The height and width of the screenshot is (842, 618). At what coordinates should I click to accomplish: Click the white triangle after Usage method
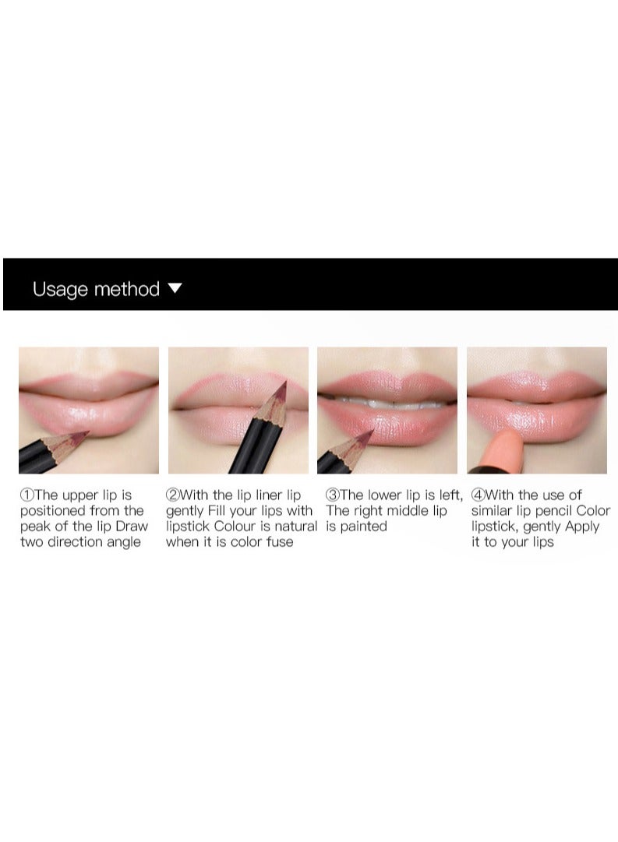click(175, 288)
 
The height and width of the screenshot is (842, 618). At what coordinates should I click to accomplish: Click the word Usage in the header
click(61, 290)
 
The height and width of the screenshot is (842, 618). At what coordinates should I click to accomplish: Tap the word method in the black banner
click(126, 289)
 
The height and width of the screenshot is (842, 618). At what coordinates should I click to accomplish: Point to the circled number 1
click(27, 495)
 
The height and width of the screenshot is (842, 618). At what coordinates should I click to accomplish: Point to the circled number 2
click(172, 495)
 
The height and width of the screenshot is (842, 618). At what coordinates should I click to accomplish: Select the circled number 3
click(333, 495)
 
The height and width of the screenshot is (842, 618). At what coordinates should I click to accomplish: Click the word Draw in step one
click(132, 527)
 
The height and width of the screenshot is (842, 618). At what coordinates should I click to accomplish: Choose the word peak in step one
click(36, 527)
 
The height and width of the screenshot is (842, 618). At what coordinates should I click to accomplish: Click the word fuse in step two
click(277, 542)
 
